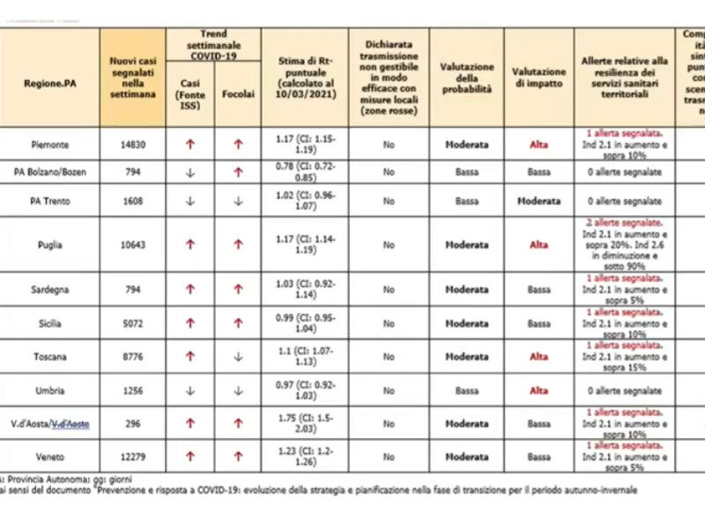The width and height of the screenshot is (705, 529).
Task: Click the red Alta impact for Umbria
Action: tap(538, 390)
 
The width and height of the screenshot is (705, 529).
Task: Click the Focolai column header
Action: tap(237, 93)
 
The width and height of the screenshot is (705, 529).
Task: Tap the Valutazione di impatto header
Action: tap(538, 77)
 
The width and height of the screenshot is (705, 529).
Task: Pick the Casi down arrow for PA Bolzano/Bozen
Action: tap(189, 173)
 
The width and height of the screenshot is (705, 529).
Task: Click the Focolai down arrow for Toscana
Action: tap(237, 356)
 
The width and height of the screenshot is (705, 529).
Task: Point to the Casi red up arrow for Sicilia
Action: tap(189, 324)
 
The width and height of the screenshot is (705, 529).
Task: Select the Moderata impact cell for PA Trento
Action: tap(538, 201)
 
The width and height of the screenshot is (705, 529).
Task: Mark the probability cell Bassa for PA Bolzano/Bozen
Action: tap(467, 173)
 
